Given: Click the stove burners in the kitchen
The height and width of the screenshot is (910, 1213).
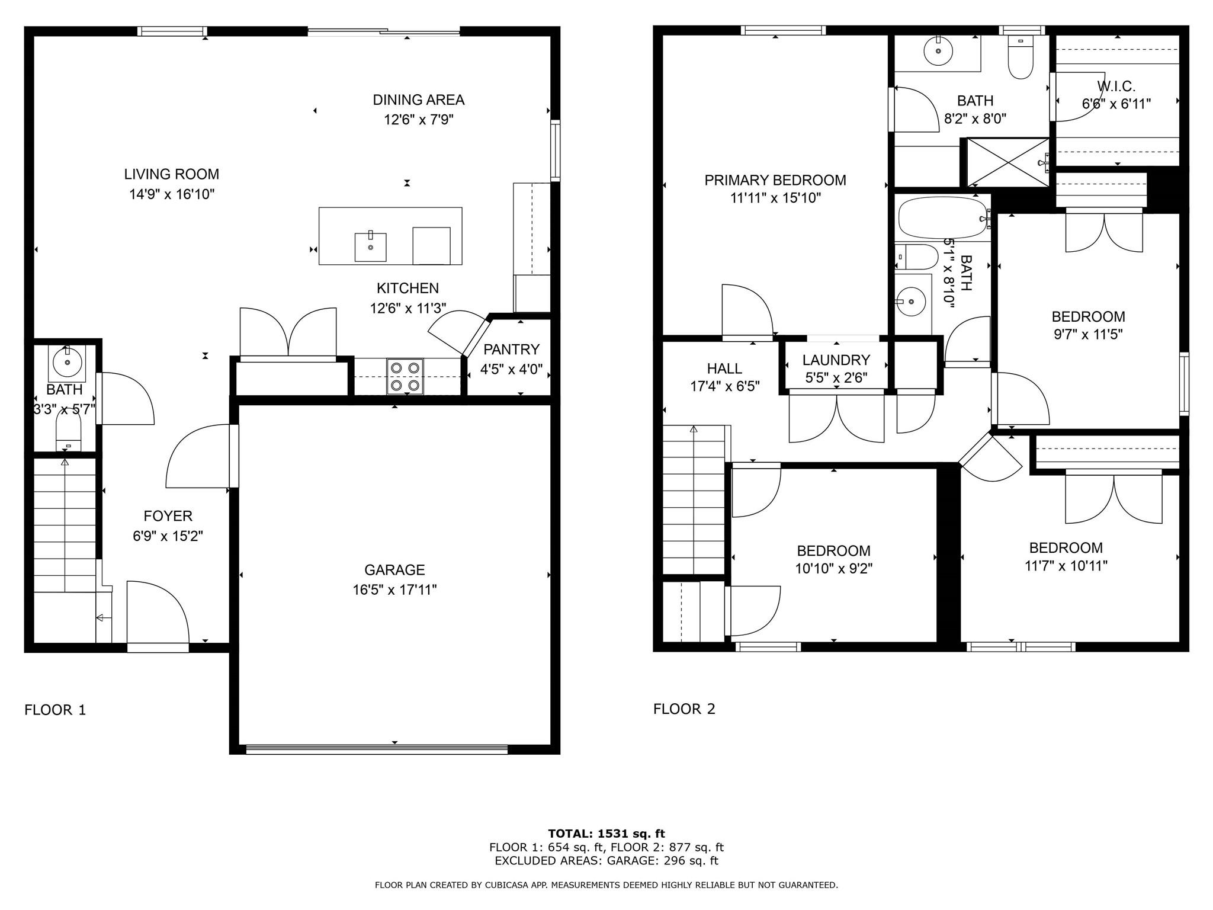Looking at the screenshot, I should tap(406, 377).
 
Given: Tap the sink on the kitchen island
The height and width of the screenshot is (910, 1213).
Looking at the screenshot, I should tap(370, 247).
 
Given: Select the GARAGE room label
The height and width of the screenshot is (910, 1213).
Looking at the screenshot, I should tap(394, 570).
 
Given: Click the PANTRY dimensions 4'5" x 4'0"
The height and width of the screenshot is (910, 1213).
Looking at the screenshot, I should tap(511, 370).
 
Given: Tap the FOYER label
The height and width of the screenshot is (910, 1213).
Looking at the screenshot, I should tap(168, 516).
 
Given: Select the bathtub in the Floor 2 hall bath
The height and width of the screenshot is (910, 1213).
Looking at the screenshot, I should tap(942, 218).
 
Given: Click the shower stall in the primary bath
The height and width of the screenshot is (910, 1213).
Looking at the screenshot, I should tap(1007, 162).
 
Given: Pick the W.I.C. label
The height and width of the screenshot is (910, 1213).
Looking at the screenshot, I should tap(1116, 86).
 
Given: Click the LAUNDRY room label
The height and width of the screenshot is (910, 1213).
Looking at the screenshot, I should tap(836, 360).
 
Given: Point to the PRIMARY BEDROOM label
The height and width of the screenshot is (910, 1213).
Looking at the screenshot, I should tap(775, 180).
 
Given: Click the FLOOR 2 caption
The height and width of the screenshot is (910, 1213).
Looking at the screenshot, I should tap(684, 709).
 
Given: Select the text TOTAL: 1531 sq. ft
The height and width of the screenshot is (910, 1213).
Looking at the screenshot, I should tap(606, 834).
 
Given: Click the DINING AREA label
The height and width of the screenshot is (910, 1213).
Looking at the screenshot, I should tap(418, 100).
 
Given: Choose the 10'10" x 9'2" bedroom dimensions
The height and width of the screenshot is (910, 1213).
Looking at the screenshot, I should tap(833, 569).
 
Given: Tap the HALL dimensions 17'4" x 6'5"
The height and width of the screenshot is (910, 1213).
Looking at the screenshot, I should tap(724, 387).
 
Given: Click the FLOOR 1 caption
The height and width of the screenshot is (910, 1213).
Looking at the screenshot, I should tap(55, 710).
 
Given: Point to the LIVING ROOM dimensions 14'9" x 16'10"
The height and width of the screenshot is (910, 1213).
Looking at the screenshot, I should tap(172, 194).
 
